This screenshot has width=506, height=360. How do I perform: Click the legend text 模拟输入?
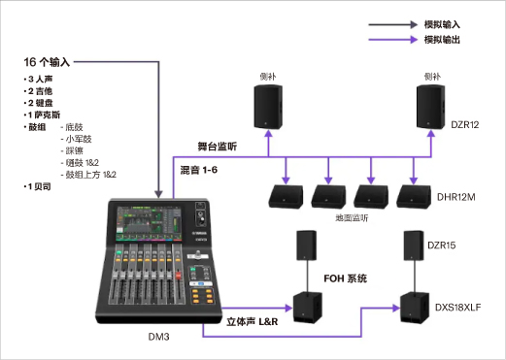[x=441, y=21]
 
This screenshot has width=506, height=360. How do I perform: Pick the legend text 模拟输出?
[x=441, y=40]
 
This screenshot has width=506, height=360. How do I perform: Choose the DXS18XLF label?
[x=457, y=308]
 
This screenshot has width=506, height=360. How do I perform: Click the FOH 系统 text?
[x=346, y=278]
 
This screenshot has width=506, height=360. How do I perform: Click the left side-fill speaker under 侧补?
[x=268, y=106]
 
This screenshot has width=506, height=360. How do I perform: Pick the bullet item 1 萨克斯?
[x=49, y=115]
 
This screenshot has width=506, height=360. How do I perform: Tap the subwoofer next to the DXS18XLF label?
[x=412, y=310]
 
